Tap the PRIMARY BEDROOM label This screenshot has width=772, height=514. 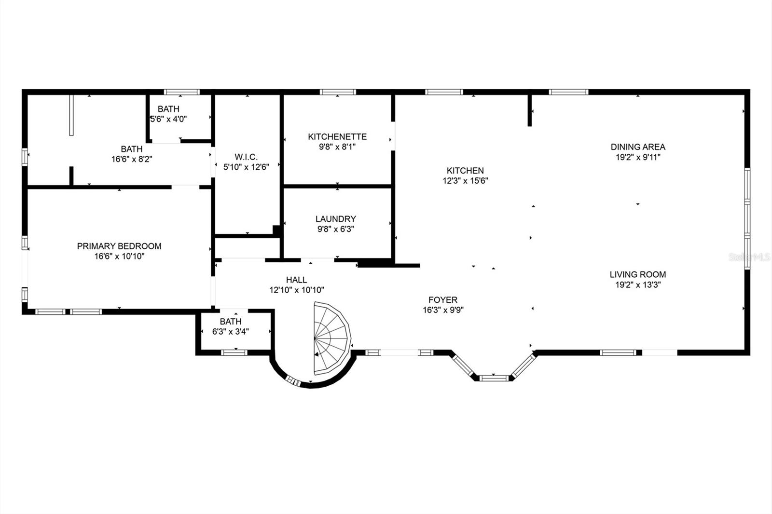pos(119,246)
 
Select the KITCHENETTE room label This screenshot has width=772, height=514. pos(337,136)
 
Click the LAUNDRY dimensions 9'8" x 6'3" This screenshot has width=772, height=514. pos(335,230)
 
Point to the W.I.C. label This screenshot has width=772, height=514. pos(246,157)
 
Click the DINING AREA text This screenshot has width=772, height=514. pos(638,147)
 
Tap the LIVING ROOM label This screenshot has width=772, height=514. pos(637,274)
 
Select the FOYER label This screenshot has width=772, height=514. pos(442,300)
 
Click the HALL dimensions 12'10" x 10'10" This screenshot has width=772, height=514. pos(296,290)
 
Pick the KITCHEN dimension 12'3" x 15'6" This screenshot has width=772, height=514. pos(465,181)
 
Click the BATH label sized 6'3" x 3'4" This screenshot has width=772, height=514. pos(231,322)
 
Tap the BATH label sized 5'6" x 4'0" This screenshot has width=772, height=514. pos(168,109)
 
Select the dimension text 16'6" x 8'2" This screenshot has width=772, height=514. pos(132,159)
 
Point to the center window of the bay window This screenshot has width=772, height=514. pos(494,378)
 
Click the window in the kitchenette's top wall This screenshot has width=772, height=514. pos(338,92)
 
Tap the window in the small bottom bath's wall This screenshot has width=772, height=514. pos(234,352)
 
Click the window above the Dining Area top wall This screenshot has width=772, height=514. pos(568,92)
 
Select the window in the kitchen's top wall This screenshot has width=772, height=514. pos(444,92)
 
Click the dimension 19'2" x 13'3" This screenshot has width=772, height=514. pos(637,284)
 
